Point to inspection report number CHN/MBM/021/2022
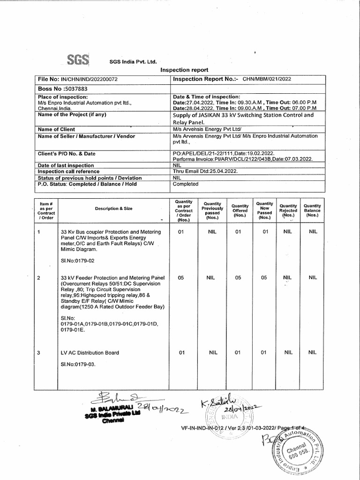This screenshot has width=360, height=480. tap(266, 79)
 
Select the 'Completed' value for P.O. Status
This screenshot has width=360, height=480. tap(186, 184)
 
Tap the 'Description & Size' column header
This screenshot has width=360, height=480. tap(113, 208)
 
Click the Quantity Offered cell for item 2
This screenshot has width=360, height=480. tap(238, 277)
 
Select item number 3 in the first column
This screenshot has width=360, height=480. tap(39, 352)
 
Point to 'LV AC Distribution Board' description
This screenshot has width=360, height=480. tap(90, 352)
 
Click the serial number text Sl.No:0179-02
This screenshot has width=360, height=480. tap(78, 260)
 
